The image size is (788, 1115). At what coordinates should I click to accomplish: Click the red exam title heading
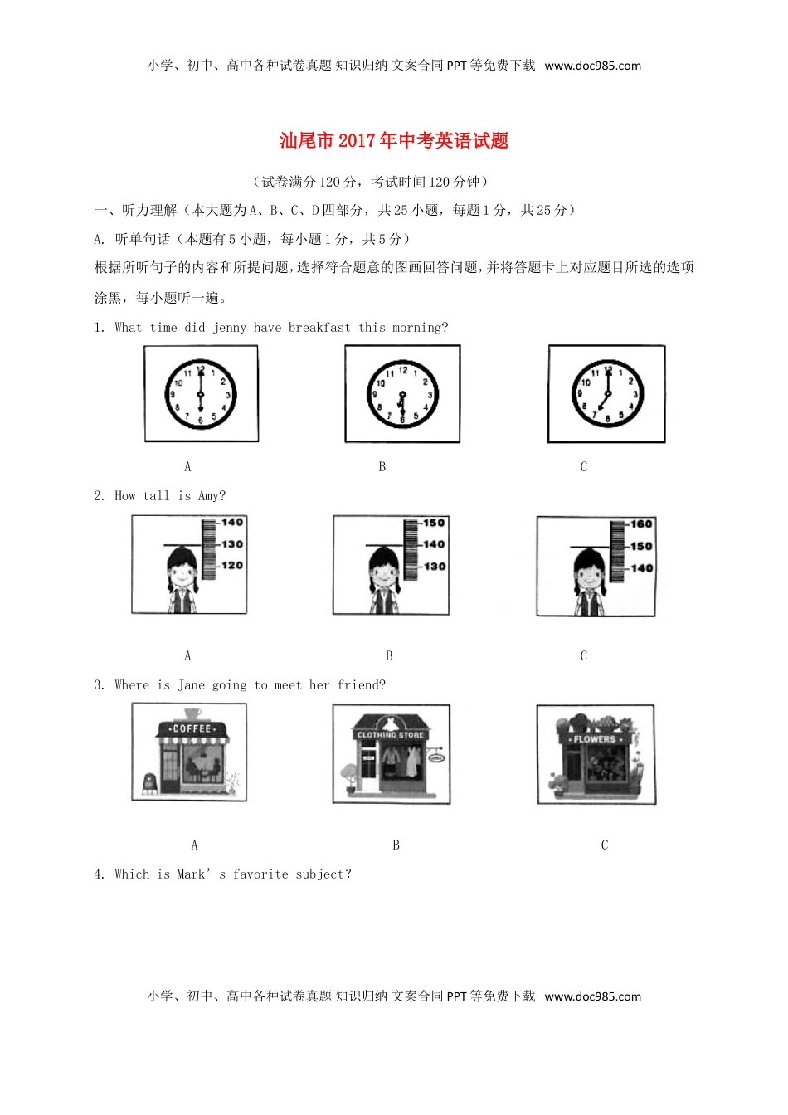394,141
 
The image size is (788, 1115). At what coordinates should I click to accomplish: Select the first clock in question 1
201,394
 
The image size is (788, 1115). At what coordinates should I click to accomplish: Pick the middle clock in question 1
402,395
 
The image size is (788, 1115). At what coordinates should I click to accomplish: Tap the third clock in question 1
607,394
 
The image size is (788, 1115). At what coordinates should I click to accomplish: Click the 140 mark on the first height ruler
231,523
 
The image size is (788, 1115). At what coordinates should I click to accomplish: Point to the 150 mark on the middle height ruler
434,523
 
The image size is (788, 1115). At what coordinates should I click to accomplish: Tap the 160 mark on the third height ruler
640,524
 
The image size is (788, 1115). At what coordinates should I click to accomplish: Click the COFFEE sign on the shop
192,728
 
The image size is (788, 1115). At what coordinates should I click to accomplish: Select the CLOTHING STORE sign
391,735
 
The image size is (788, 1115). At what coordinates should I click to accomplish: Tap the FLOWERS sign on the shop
595,739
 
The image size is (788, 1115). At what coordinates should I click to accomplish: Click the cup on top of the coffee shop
192,713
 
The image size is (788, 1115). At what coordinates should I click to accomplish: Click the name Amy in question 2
211,496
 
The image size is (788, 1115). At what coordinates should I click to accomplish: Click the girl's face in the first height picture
181,572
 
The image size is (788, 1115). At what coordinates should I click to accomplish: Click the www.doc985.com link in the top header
592,66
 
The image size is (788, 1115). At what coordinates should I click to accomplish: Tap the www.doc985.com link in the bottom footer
592,996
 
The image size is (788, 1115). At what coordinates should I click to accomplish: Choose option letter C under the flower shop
604,845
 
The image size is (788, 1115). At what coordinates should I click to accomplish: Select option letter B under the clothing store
396,845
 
